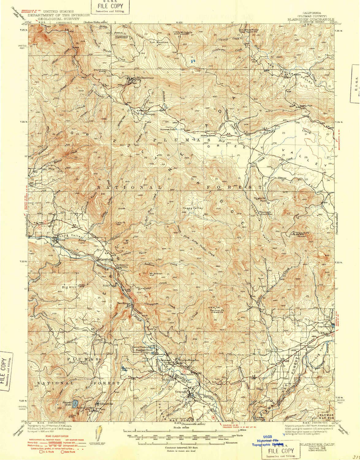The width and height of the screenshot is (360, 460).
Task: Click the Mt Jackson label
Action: tap(155, 273)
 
